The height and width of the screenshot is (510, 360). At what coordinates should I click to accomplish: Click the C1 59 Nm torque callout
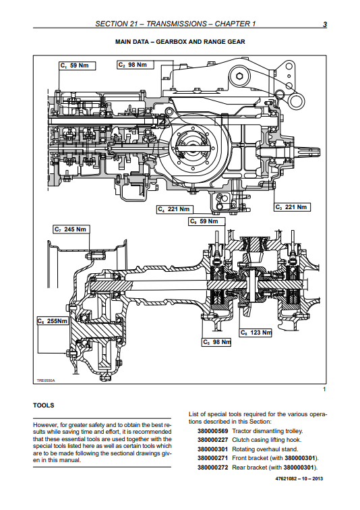click(x=78, y=65)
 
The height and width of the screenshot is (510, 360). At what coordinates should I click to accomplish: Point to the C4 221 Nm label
click(x=175, y=209)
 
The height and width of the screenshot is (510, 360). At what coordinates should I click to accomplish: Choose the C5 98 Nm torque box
click(x=216, y=342)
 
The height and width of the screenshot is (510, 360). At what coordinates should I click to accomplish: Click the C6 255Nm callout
click(x=53, y=321)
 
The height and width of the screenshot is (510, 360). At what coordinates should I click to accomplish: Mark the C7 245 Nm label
click(x=71, y=229)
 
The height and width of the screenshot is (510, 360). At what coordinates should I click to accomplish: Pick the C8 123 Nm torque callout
click(x=256, y=333)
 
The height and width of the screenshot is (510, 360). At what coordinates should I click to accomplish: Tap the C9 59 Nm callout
click(x=207, y=221)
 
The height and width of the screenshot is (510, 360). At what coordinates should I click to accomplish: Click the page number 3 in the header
click(x=324, y=24)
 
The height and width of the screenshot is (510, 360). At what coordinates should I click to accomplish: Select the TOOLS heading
click(x=44, y=405)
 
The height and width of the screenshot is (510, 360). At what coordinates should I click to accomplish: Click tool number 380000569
click(x=213, y=431)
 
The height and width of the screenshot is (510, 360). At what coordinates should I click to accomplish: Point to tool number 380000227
click(x=213, y=440)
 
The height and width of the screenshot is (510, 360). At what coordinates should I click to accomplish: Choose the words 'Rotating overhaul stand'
click(x=265, y=449)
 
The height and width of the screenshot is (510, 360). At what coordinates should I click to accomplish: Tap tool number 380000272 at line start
click(x=213, y=468)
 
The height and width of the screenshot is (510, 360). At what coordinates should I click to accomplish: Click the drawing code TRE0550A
click(x=46, y=380)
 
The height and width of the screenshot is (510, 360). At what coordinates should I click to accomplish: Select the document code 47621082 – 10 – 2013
click(x=299, y=478)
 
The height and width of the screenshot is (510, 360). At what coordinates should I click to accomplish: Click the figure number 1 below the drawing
click(x=324, y=389)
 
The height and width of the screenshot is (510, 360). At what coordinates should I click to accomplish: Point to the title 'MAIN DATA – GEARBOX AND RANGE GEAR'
click(x=180, y=42)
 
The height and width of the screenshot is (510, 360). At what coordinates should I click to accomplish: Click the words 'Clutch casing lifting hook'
click(x=267, y=440)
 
